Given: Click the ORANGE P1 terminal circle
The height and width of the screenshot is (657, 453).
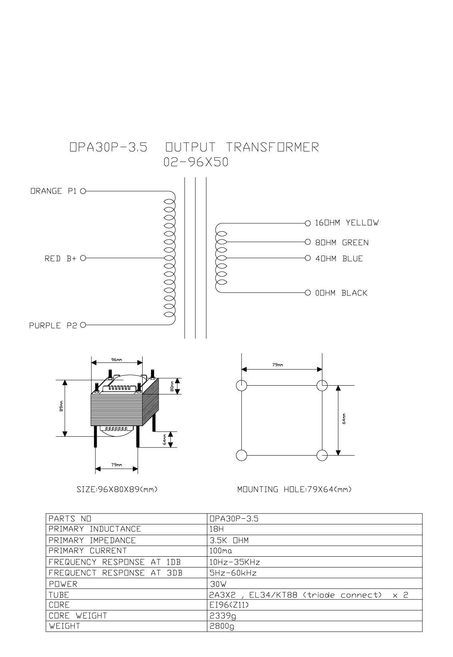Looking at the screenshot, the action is [x=83, y=191].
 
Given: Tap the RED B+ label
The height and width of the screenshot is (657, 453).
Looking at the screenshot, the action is [x=60, y=259].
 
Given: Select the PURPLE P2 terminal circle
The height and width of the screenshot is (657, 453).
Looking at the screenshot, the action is [x=83, y=325].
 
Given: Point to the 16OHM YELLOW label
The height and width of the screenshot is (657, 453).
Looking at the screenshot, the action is [x=347, y=223].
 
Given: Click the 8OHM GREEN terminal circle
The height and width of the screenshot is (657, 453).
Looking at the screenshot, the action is [x=308, y=242].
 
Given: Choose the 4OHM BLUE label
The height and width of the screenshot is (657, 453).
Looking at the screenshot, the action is [x=339, y=259].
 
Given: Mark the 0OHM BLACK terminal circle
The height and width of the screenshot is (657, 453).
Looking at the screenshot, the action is [x=308, y=293].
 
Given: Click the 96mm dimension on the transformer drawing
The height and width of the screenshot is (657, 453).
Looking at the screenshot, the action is [x=116, y=360].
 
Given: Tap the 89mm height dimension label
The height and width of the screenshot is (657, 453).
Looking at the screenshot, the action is [x=61, y=406].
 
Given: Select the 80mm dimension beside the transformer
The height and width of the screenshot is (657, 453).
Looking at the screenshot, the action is [x=172, y=386].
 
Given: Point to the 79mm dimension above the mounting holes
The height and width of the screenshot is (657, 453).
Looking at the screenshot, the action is [x=277, y=365].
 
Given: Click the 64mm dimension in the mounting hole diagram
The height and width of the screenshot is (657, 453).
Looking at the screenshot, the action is [x=344, y=419].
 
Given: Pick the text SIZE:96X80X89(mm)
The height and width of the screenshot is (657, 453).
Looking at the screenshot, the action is [x=117, y=490].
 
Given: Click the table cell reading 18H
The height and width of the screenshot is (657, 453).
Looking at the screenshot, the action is [x=217, y=529].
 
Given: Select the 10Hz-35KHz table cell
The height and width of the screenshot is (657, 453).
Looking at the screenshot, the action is [x=234, y=562].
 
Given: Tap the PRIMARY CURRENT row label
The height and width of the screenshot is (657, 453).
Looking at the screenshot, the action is [x=87, y=551].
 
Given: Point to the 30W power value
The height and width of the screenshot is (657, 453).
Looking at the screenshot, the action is [x=218, y=584].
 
